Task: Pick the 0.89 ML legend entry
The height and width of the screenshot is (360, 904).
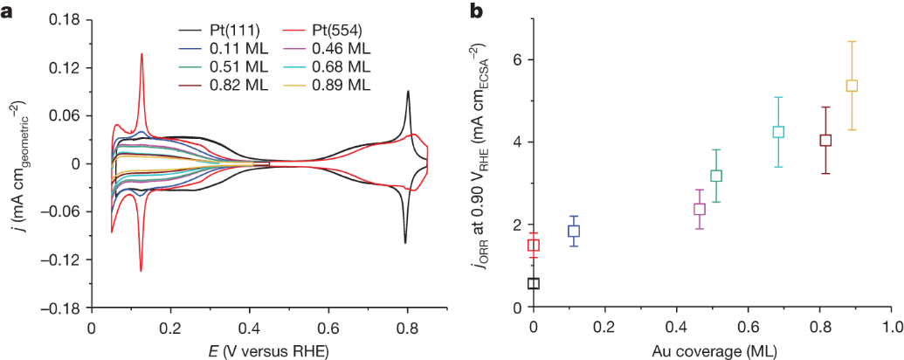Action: (x=342, y=85)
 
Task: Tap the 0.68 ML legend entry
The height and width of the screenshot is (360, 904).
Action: (x=342, y=66)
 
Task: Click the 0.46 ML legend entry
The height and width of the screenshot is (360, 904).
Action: (x=342, y=48)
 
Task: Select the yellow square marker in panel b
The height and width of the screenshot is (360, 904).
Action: (x=852, y=86)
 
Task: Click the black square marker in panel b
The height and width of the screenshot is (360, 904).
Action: (x=534, y=283)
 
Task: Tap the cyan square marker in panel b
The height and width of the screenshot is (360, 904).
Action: (x=778, y=132)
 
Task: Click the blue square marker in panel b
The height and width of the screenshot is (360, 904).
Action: (x=574, y=232)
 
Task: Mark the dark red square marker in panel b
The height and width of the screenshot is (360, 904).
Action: (x=825, y=140)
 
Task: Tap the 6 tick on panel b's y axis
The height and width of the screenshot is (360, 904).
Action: (x=516, y=59)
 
